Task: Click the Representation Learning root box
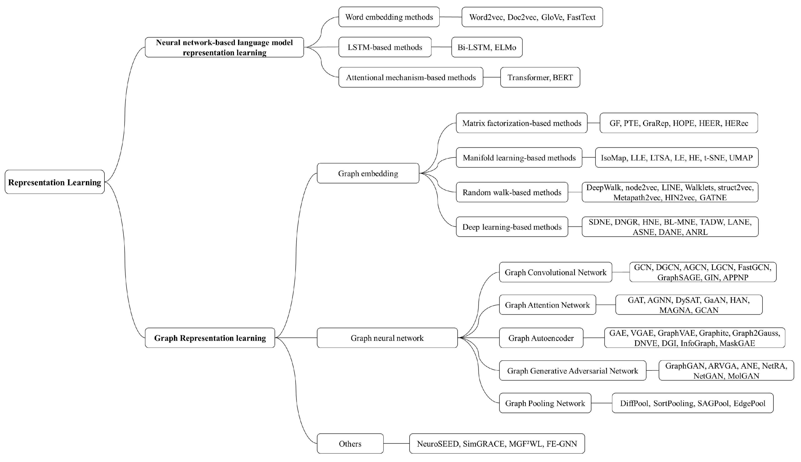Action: pyautogui.click(x=54, y=182)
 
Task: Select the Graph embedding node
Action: pyautogui.click(x=368, y=173)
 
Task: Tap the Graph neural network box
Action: pyautogui.click(x=387, y=338)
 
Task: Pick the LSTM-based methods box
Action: pyautogui.click(x=385, y=47)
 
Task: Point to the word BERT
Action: pyautogui.click(x=563, y=77)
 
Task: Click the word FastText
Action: pyautogui.click(x=581, y=17)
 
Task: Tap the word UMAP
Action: pyautogui.click(x=741, y=158)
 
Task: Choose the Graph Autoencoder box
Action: pyautogui.click(x=541, y=338)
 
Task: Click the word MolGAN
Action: pyautogui.click(x=743, y=376)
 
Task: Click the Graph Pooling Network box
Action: pyautogui.click(x=545, y=403)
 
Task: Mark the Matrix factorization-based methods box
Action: pyautogui.click(x=521, y=123)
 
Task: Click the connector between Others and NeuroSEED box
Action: pyautogui.click(x=396, y=443)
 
